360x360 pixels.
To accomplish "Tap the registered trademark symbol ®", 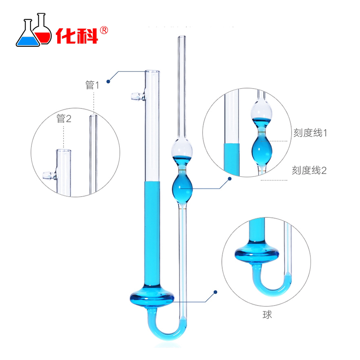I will (x=104, y=30).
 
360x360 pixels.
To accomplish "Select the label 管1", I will (x=92, y=85).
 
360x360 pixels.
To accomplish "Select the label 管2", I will (x=64, y=119).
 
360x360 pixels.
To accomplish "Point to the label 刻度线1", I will (x=309, y=133).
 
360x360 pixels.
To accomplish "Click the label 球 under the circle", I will (x=269, y=315).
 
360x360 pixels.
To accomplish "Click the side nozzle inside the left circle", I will (x=46, y=174).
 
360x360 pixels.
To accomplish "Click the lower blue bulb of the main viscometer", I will (x=182, y=186).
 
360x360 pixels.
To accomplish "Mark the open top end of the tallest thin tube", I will (x=182, y=38).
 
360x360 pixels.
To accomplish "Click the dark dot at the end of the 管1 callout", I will (x=108, y=81).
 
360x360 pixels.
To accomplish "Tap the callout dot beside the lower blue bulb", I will (x=229, y=179).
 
